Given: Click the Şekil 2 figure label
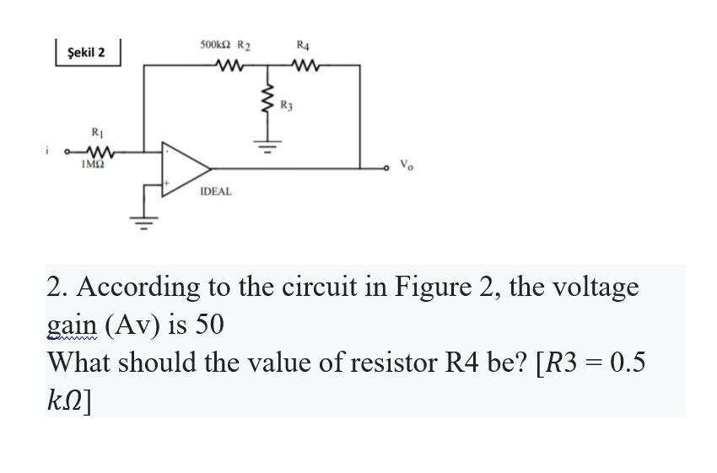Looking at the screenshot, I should pos(86,52).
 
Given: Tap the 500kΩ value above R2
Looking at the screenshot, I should pos(215,44).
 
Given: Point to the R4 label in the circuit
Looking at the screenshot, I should pos(303,44).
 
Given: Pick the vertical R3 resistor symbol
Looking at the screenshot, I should pos(269,103).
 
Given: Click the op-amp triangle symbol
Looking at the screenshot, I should pos(184,166).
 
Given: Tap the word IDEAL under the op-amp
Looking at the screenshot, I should pos(215,192).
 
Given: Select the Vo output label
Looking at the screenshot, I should pos(407,164).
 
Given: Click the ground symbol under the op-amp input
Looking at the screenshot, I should pos(143,223).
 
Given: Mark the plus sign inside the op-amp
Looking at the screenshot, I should pos(167,180).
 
